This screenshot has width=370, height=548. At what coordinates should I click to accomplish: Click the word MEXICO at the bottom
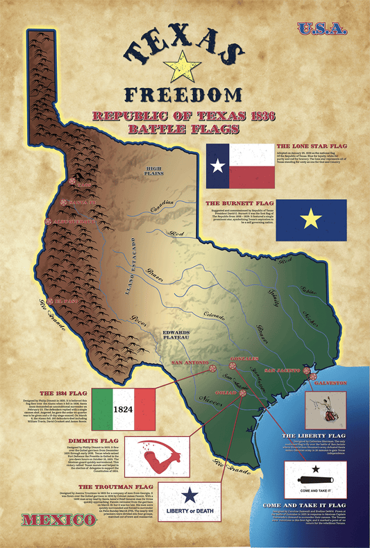coord(49,501)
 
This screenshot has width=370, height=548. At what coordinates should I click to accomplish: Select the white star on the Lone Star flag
coord(218,165)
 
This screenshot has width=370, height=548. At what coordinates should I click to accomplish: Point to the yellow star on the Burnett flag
coord(312,220)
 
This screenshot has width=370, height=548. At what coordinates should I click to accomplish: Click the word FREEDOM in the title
coord(184,94)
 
